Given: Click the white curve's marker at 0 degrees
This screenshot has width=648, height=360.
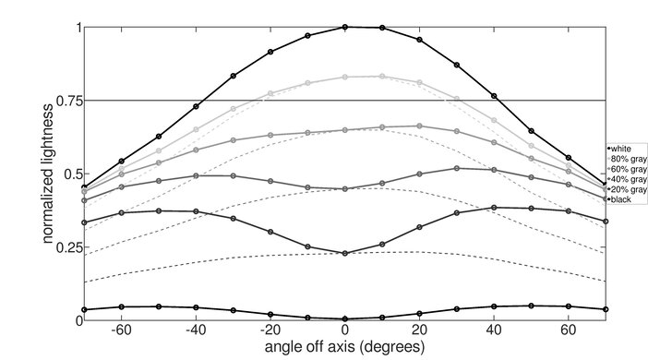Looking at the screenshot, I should tap(345, 28).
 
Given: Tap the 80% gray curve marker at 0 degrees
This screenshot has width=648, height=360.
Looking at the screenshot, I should tap(345, 77).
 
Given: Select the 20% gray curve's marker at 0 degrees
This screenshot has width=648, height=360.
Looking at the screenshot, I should tap(345, 253).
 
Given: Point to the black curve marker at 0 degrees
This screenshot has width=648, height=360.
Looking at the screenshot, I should tap(345, 318).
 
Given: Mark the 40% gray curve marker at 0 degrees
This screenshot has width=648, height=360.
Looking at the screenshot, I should tap(345, 189).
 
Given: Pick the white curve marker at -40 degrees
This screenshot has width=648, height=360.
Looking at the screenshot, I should tap(196, 106).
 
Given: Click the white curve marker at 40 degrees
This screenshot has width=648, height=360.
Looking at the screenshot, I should tap(494, 96).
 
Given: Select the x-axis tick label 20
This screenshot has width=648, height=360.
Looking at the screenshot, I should tap(419, 330).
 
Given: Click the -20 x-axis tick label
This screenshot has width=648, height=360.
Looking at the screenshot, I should tap(269, 330).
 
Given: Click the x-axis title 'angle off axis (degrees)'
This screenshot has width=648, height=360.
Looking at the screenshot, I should tap(344, 347).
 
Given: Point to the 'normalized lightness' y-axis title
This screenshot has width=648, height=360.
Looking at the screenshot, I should tap(46, 173).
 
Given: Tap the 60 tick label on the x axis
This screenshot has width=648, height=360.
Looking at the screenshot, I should tap(569, 330).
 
